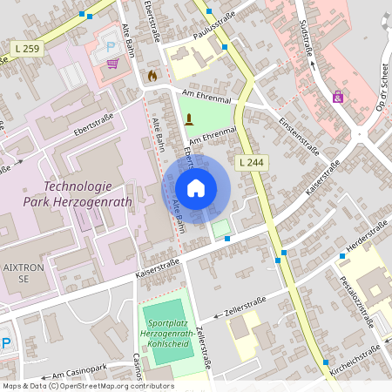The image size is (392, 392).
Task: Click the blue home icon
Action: click(x=196, y=187)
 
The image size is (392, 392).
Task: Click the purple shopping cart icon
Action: click(x=112, y=63)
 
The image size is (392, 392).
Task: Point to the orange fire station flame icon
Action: click(x=153, y=76)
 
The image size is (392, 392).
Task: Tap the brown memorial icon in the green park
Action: click(x=188, y=119)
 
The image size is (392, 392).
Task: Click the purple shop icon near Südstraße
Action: click(x=337, y=97)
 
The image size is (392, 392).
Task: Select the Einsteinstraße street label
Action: click(x=299, y=135)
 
